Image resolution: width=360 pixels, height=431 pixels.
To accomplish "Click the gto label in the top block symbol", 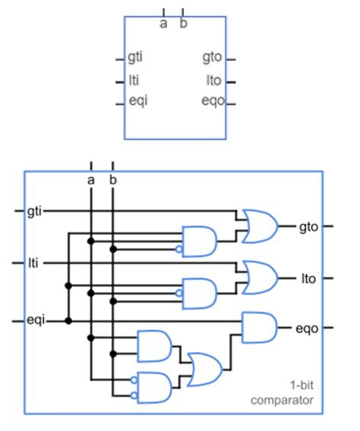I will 213,58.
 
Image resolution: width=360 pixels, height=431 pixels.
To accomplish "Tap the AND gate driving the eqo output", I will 259,329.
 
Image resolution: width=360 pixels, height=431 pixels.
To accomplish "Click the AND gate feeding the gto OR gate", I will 199,240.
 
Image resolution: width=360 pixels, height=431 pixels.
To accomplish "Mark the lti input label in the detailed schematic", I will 33,263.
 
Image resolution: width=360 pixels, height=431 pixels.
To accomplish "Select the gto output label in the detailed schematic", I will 307,225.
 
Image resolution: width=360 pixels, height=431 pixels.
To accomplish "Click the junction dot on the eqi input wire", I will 69,321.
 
